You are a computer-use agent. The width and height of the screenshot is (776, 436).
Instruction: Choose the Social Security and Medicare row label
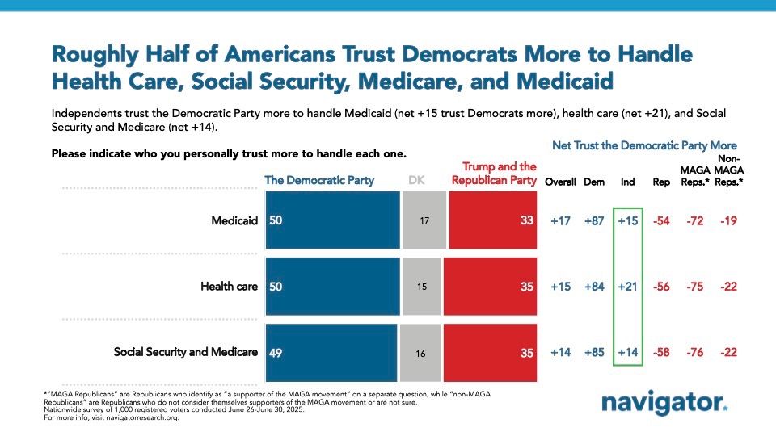click(x=186, y=351)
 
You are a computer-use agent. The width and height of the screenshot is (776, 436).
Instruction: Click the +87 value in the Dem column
click(x=592, y=220)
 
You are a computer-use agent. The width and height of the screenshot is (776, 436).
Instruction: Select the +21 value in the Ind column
click(x=626, y=286)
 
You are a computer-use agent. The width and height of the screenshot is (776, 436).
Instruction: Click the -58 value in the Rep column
click(x=661, y=351)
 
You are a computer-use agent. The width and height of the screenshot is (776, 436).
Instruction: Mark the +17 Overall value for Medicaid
click(x=559, y=220)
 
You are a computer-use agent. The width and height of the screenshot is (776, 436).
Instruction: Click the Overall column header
click(x=559, y=182)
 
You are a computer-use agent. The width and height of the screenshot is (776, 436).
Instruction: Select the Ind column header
click(x=626, y=182)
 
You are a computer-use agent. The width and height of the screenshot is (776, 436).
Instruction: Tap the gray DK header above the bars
click(x=411, y=180)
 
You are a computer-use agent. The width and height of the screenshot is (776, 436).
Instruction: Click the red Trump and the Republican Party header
click(x=494, y=174)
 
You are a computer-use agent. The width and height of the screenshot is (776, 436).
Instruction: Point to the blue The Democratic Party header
click(x=319, y=180)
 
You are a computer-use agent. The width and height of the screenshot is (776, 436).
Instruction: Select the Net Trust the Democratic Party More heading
click(x=643, y=145)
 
